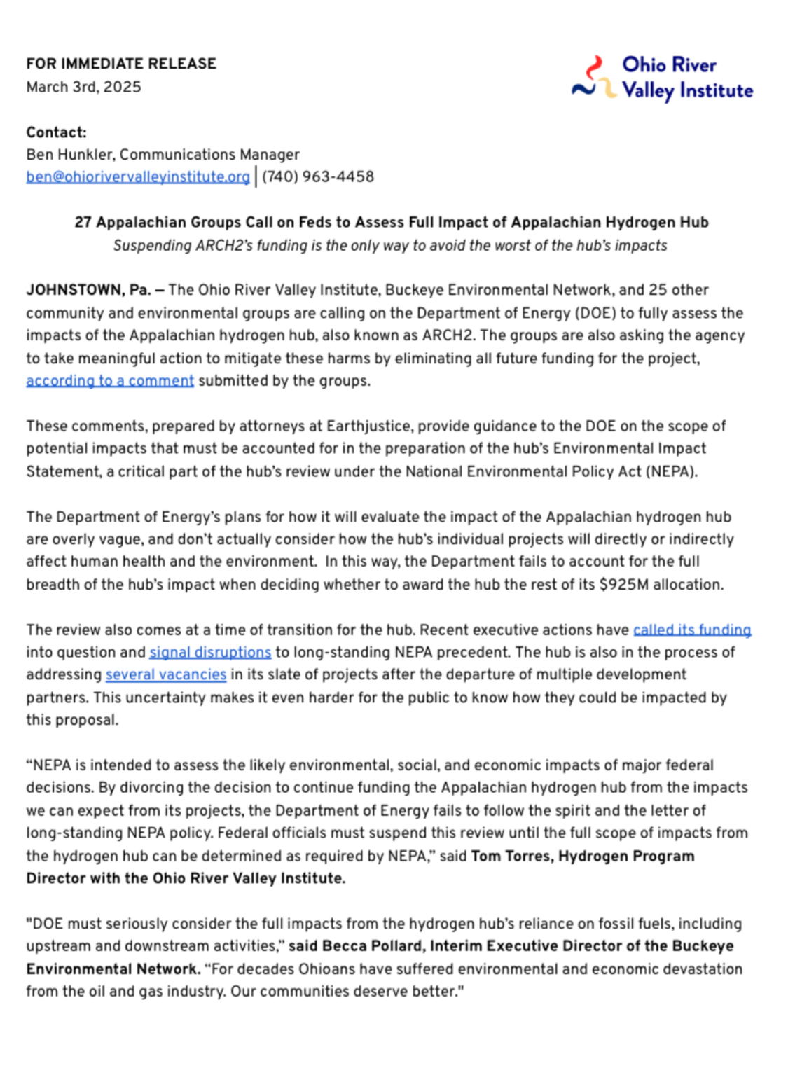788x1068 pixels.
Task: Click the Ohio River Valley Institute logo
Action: tap(662, 78)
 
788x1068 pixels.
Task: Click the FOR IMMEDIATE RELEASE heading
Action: tap(121, 64)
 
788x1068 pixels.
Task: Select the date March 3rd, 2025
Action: tap(83, 87)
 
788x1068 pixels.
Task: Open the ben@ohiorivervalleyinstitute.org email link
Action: tap(138, 177)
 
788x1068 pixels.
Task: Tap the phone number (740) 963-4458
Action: tap(318, 176)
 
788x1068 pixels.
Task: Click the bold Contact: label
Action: tap(56, 132)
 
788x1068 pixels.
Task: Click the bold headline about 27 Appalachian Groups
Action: tap(392, 222)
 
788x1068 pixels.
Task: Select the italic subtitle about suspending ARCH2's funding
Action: tap(390, 246)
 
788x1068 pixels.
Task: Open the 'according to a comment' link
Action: tap(110, 381)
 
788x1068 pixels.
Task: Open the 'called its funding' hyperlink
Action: tap(691, 630)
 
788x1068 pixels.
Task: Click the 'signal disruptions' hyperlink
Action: tap(210, 653)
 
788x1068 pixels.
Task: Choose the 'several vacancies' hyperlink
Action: tap(166, 675)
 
